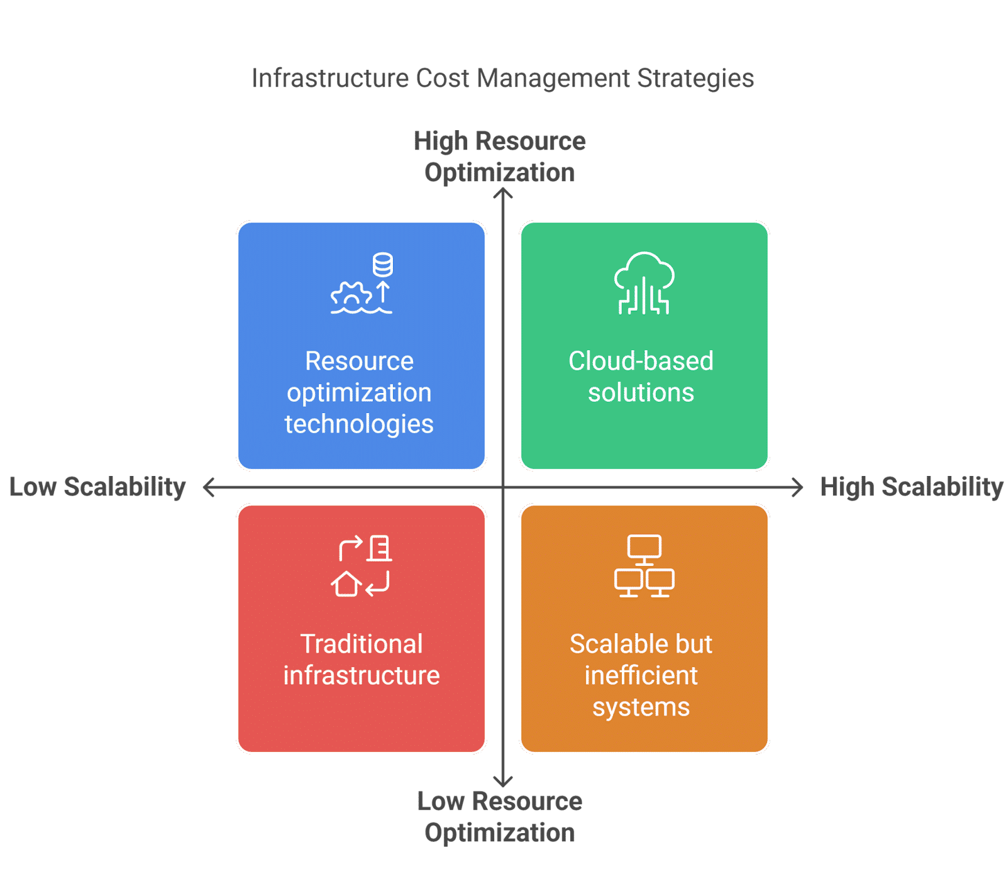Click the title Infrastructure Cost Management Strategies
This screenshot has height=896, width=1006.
pyautogui.click(x=502, y=79)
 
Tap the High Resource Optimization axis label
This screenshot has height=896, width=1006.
pyautogui.click(x=500, y=157)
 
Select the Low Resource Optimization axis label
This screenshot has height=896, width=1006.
pyautogui.click(x=500, y=817)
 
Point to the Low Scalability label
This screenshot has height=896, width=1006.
pyautogui.click(x=97, y=487)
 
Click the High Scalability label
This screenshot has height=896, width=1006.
pyautogui.click(x=912, y=487)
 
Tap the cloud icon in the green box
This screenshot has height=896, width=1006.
pyautogui.click(x=644, y=283)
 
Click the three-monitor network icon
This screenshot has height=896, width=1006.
pyautogui.click(x=644, y=566)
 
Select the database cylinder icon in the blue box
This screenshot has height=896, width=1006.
pyautogui.click(x=383, y=265)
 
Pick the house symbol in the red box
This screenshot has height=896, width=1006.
pyautogui.click(x=346, y=584)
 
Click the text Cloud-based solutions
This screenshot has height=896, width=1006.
pyautogui.click(x=641, y=377)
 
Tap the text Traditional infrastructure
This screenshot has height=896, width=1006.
pyautogui.click(x=362, y=660)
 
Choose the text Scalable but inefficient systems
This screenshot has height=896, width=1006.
pyautogui.click(x=641, y=675)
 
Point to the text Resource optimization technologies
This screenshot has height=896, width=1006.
pyautogui.click(x=359, y=392)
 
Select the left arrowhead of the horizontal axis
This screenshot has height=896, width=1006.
pyautogui.click(x=208, y=487)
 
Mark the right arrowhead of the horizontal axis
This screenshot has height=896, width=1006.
pyautogui.click(x=799, y=487)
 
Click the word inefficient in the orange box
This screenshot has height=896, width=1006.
pyautogui.click(x=641, y=675)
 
